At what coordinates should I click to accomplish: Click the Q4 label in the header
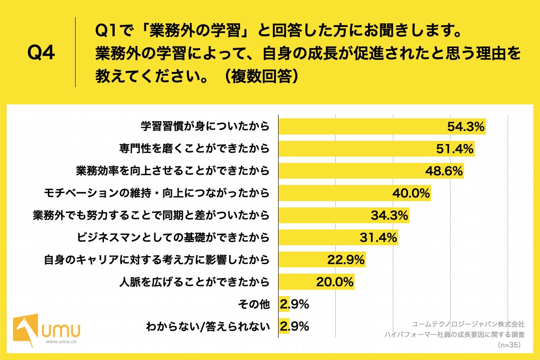(x=41, y=53)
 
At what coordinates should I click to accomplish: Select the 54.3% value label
(x=465, y=127)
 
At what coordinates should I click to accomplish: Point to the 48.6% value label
(x=444, y=171)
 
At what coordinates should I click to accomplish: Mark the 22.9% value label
(x=346, y=260)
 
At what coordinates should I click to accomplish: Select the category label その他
(x=253, y=304)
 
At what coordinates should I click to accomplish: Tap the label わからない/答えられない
(x=207, y=326)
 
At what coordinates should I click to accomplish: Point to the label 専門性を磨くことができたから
(x=194, y=149)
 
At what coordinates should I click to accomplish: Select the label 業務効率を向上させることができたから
(x=172, y=171)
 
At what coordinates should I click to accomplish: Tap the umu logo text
(x=61, y=330)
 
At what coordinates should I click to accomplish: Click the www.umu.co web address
(x=61, y=342)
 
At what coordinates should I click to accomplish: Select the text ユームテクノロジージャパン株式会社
(x=468, y=324)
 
